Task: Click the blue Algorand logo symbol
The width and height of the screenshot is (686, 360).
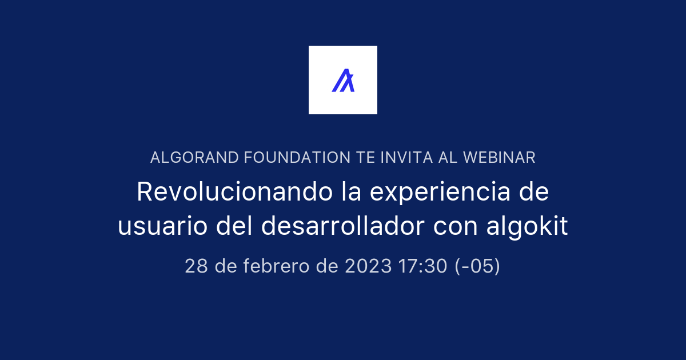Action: point(343,80)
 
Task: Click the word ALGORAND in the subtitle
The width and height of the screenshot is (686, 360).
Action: point(194,158)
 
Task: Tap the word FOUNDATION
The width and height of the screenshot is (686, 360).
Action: point(297,158)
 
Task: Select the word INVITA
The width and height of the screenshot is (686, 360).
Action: point(406,158)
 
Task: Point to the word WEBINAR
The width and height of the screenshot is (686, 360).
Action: point(499,158)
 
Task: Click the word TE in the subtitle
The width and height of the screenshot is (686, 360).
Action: point(365,158)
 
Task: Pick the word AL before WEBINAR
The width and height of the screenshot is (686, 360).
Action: point(448,158)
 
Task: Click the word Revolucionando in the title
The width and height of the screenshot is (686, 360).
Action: point(234,191)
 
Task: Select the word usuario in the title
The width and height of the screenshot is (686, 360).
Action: point(162,226)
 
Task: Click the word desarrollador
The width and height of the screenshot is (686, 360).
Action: point(342,225)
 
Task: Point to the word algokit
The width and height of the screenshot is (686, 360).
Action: point(527,226)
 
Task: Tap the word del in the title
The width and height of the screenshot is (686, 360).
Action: point(234,225)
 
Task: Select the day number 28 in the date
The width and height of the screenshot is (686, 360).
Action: point(196,266)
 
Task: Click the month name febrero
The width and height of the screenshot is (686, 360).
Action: point(276,266)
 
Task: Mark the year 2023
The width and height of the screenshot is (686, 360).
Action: point(368,266)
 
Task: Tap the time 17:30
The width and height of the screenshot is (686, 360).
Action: point(423,266)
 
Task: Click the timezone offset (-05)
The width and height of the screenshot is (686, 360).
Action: point(477,266)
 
